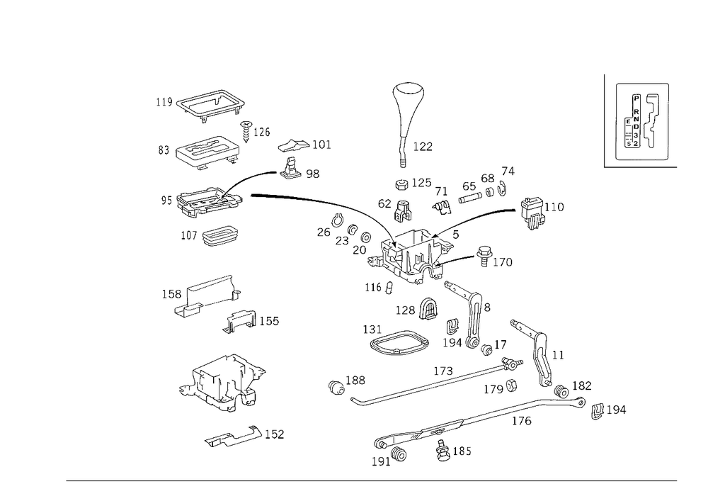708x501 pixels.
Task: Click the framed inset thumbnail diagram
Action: (x=641, y=120)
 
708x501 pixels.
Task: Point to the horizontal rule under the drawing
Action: (x=372, y=480)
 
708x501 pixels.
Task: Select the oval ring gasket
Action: (x=399, y=344)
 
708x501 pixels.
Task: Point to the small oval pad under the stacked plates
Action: (x=221, y=236)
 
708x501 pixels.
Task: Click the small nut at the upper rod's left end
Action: (x=336, y=386)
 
